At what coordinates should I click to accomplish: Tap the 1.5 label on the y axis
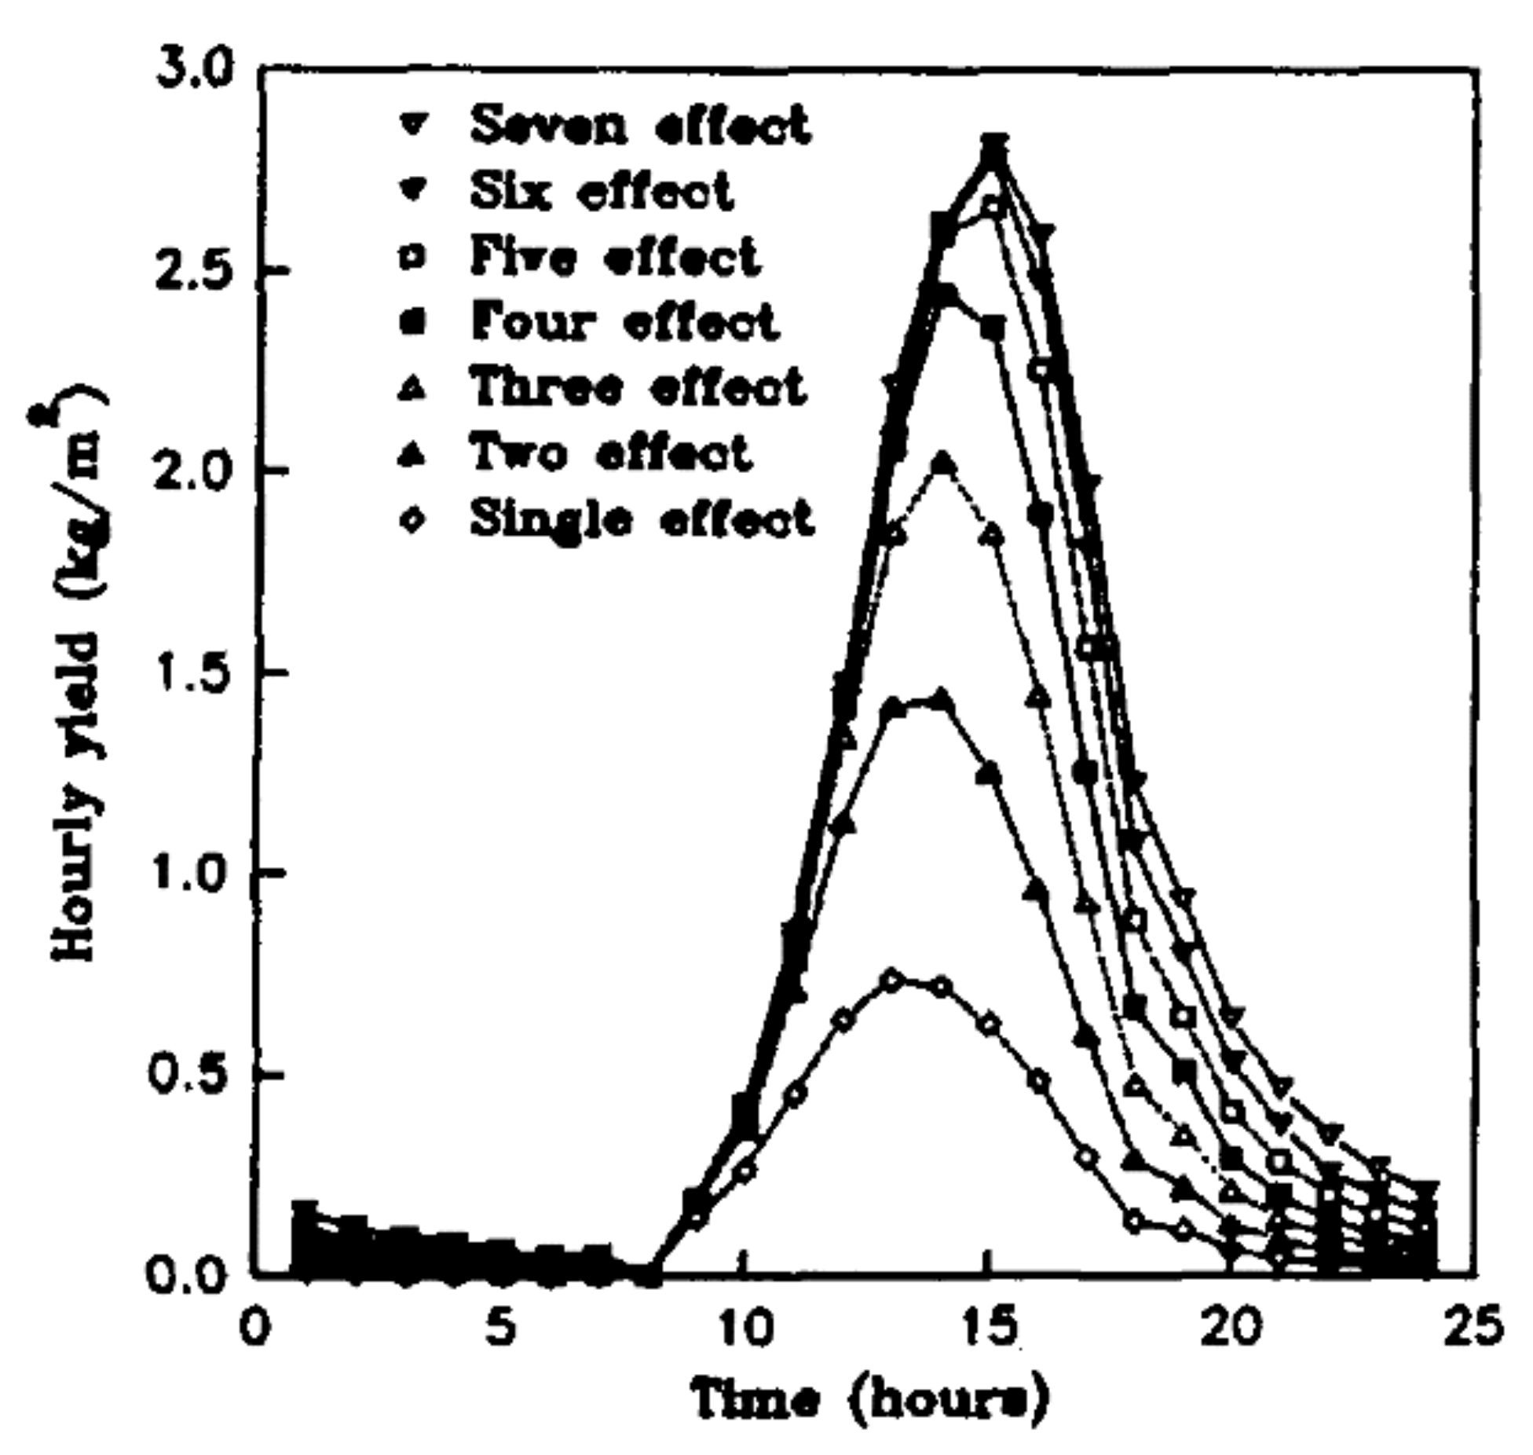pyautogui.click(x=196, y=674)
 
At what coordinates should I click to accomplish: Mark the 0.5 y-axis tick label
pyautogui.click(x=196, y=1076)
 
